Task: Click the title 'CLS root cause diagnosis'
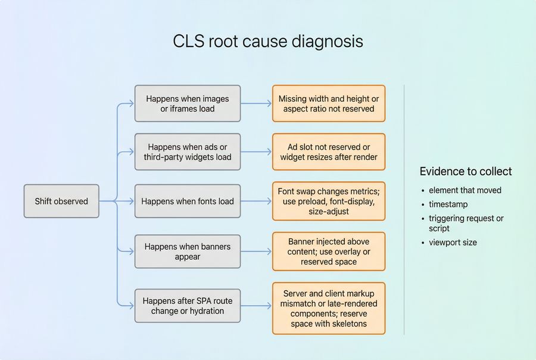[267, 41]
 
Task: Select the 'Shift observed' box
[61, 201]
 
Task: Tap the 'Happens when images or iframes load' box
[188, 104]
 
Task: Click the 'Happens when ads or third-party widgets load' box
[188, 152]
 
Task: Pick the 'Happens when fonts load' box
[188, 201]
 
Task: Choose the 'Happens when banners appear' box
[188, 252]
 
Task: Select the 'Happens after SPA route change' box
[188, 306]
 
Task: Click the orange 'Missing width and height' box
[329, 104]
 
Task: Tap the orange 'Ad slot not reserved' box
[329, 152]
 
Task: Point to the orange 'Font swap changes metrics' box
[329, 201]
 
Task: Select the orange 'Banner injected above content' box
[329, 252]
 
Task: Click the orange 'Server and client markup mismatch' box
[329, 308]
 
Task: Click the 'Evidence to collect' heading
[465, 172]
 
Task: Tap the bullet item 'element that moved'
[465, 190]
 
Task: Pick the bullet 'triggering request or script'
[466, 223]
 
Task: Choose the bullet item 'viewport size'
[453, 243]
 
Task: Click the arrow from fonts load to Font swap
[256, 201]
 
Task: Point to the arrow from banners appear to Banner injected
[256, 252]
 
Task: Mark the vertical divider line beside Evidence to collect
[404, 209]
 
